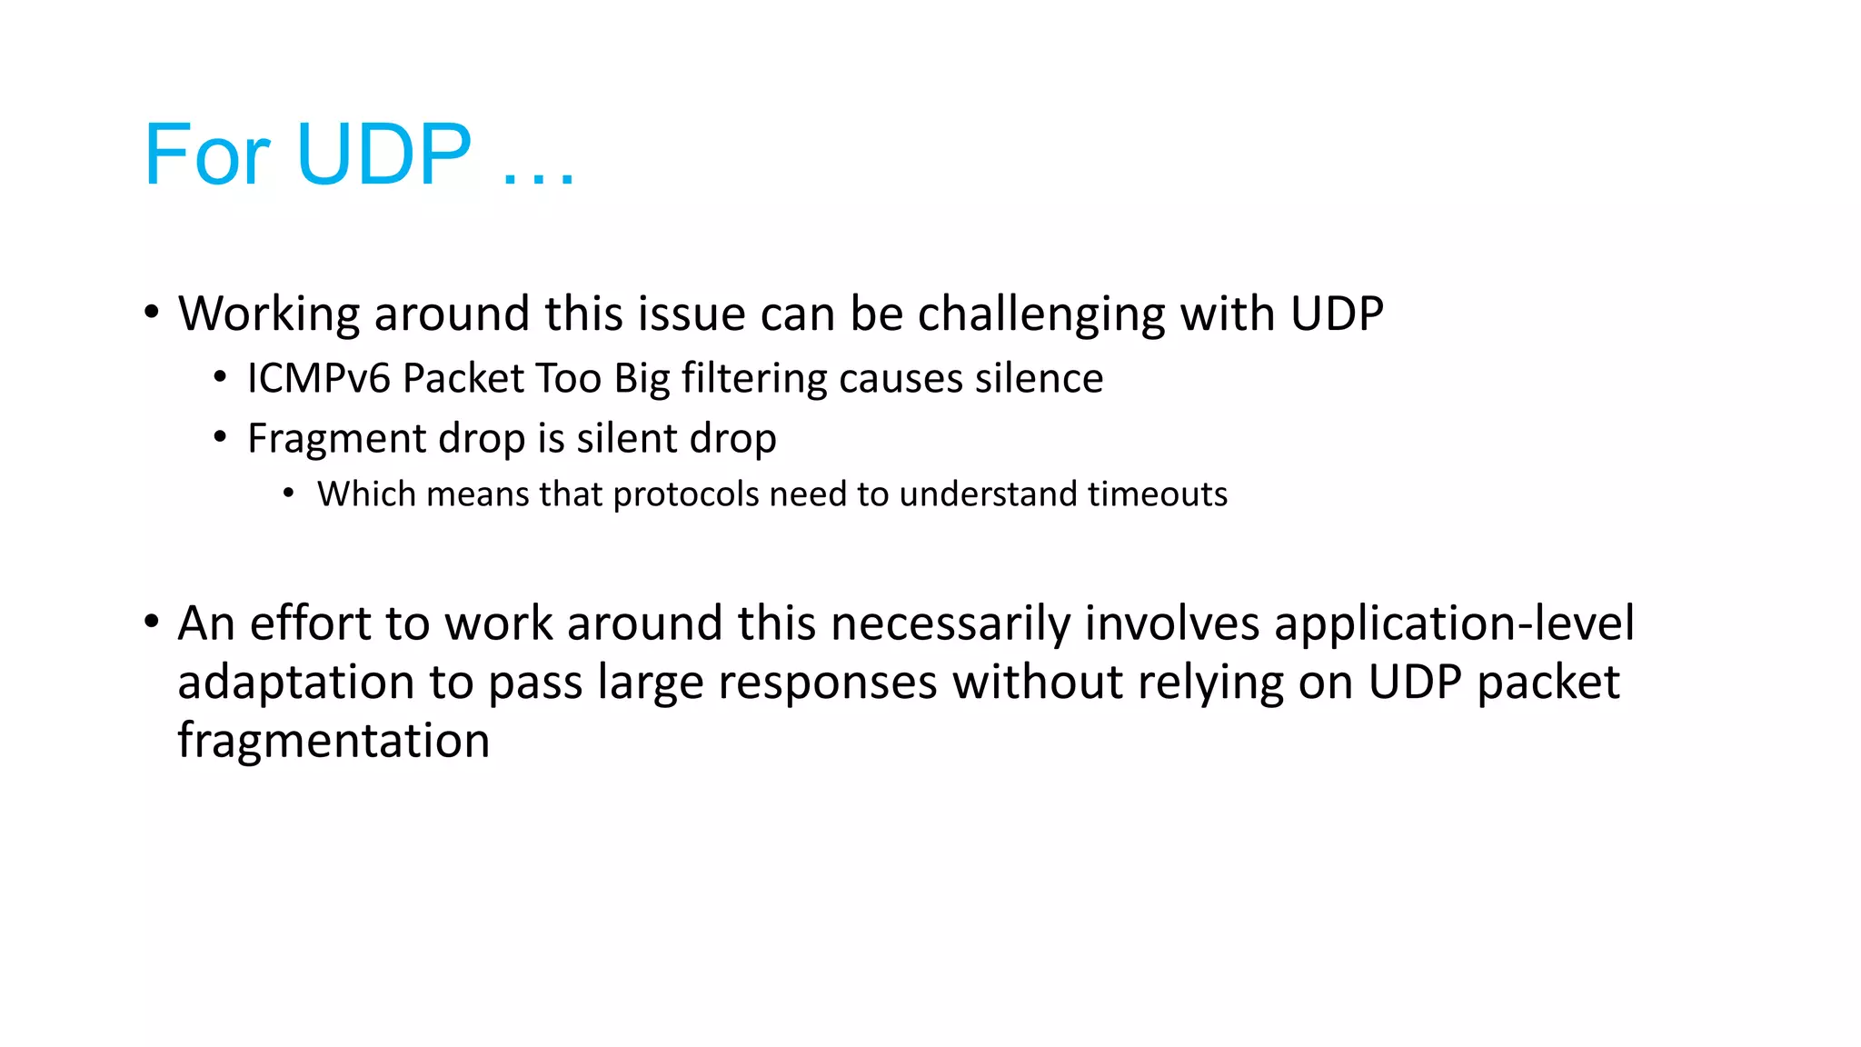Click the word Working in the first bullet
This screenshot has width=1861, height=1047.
(269, 314)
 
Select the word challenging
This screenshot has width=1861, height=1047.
(1040, 314)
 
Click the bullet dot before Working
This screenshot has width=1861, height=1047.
(152, 312)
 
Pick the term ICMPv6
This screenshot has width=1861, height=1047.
(318, 378)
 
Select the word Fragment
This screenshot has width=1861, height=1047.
(336, 439)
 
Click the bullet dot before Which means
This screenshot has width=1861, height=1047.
(289, 494)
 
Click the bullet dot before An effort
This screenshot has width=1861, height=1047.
(152, 623)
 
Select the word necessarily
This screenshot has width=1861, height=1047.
(950, 623)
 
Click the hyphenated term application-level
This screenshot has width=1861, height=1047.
(1453, 623)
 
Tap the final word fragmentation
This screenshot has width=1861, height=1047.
(333, 741)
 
